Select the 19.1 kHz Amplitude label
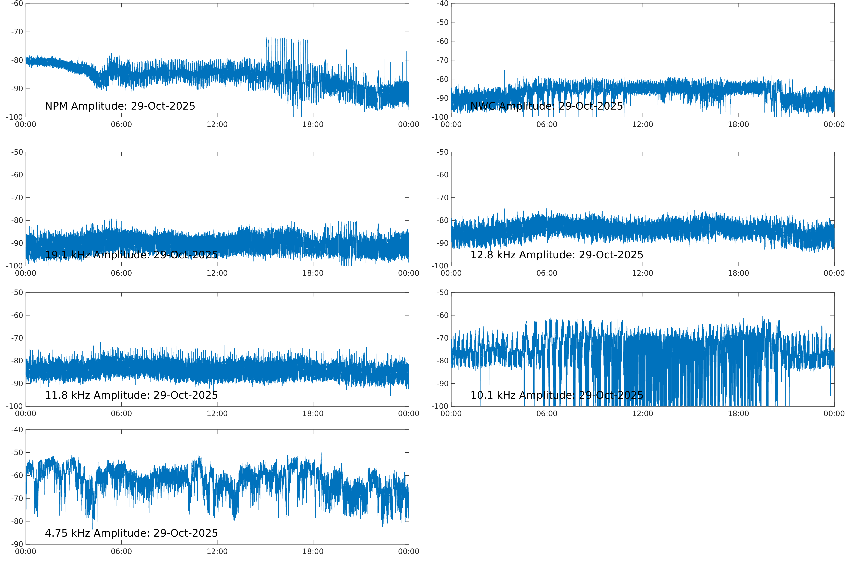[x=131, y=255]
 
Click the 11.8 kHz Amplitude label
[x=131, y=395]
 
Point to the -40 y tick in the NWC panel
[x=442, y=4]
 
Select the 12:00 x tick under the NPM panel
[x=217, y=125]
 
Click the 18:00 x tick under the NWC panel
[x=738, y=125]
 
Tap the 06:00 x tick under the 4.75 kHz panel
[x=121, y=552]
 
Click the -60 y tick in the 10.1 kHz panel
[x=442, y=315]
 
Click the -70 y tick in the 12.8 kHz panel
[x=442, y=197]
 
